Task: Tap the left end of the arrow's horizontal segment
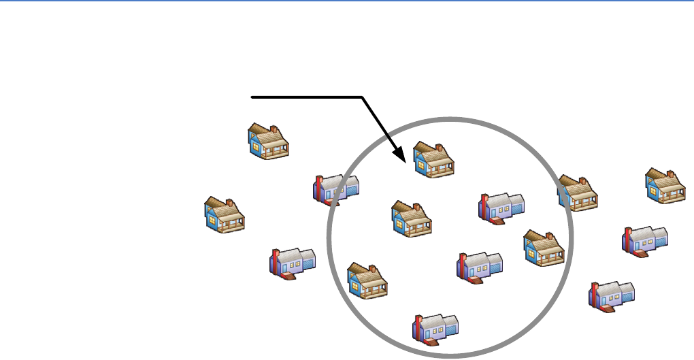click(252, 98)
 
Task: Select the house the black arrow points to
click(433, 159)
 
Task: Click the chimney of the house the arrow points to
click(440, 147)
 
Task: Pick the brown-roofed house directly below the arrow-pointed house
click(412, 218)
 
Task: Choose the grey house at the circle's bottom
click(435, 328)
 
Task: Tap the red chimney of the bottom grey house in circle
click(418, 325)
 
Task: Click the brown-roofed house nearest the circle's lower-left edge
click(367, 280)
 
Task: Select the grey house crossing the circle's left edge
click(335, 189)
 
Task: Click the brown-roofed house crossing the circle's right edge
click(578, 192)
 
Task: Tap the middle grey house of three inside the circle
click(480, 265)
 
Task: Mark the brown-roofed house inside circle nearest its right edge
click(544, 247)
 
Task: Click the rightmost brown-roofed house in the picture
click(665, 186)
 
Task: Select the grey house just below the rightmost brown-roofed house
click(646, 240)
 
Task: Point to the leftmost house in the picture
click(225, 215)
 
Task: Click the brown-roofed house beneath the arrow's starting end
click(267, 142)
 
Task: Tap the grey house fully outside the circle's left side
click(293, 263)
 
